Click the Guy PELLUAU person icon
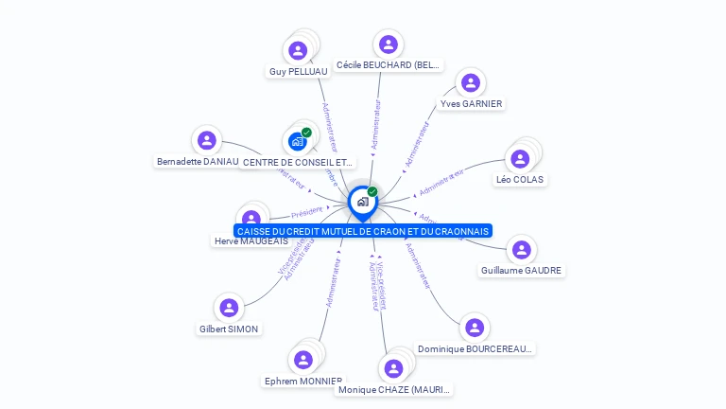299,50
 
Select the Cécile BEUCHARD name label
388,65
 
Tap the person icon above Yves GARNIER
471,82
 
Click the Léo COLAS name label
520,179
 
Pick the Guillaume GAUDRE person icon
521,250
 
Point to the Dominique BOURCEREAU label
475,348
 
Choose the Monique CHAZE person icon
394,368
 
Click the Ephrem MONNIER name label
302,381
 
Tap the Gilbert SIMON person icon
229,308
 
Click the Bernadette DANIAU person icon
206,141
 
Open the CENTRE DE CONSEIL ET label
299,162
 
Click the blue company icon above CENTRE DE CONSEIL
299,141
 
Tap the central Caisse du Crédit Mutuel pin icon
362,202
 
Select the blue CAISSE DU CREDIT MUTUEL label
363,231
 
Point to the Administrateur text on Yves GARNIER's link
417,144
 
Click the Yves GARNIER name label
471,103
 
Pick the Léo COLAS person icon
520,158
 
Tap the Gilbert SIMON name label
229,329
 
